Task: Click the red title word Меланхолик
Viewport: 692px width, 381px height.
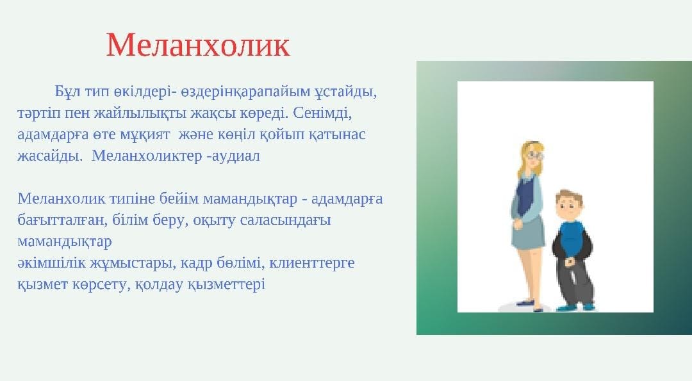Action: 198,45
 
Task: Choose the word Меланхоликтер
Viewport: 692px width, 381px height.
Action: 147,156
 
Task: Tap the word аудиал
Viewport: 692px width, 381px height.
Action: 236,156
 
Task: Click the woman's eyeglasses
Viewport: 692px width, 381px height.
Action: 535,155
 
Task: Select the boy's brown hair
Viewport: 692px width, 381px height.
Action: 569,197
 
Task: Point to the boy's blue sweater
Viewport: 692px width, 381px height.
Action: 572,240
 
